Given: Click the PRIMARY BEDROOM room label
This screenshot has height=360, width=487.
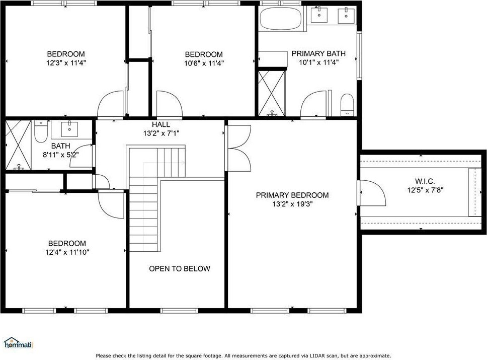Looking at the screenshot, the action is click(x=292, y=195).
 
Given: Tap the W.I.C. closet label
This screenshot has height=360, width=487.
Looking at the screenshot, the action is click(x=425, y=181).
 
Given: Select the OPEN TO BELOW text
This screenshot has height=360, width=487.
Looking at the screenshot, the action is click(x=180, y=268).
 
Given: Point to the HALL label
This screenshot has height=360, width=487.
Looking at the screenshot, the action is click(x=161, y=125).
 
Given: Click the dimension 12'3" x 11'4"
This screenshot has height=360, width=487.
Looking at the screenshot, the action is click(x=66, y=63).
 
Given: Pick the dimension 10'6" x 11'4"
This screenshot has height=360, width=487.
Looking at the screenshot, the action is click(x=204, y=63).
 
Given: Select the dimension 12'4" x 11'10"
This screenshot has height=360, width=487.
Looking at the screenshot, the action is click(x=67, y=252).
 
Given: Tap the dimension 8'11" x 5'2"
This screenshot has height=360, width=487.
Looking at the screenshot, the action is click(x=60, y=155).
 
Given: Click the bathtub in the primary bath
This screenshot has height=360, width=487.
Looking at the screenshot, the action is click(x=280, y=18).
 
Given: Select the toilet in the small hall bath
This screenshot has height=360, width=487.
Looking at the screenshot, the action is click(x=41, y=131).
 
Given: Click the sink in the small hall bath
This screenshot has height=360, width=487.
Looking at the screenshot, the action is click(x=69, y=129).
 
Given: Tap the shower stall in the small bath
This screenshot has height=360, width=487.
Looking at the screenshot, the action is click(x=18, y=145).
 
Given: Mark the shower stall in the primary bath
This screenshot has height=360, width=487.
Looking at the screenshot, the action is click(x=272, y=93).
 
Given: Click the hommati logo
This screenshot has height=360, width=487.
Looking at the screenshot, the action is click(x=18, y=343).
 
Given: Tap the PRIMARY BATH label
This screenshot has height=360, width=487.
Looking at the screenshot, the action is click(x=318, y=53).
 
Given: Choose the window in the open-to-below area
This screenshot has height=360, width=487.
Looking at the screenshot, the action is click(x=179, y=310).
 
